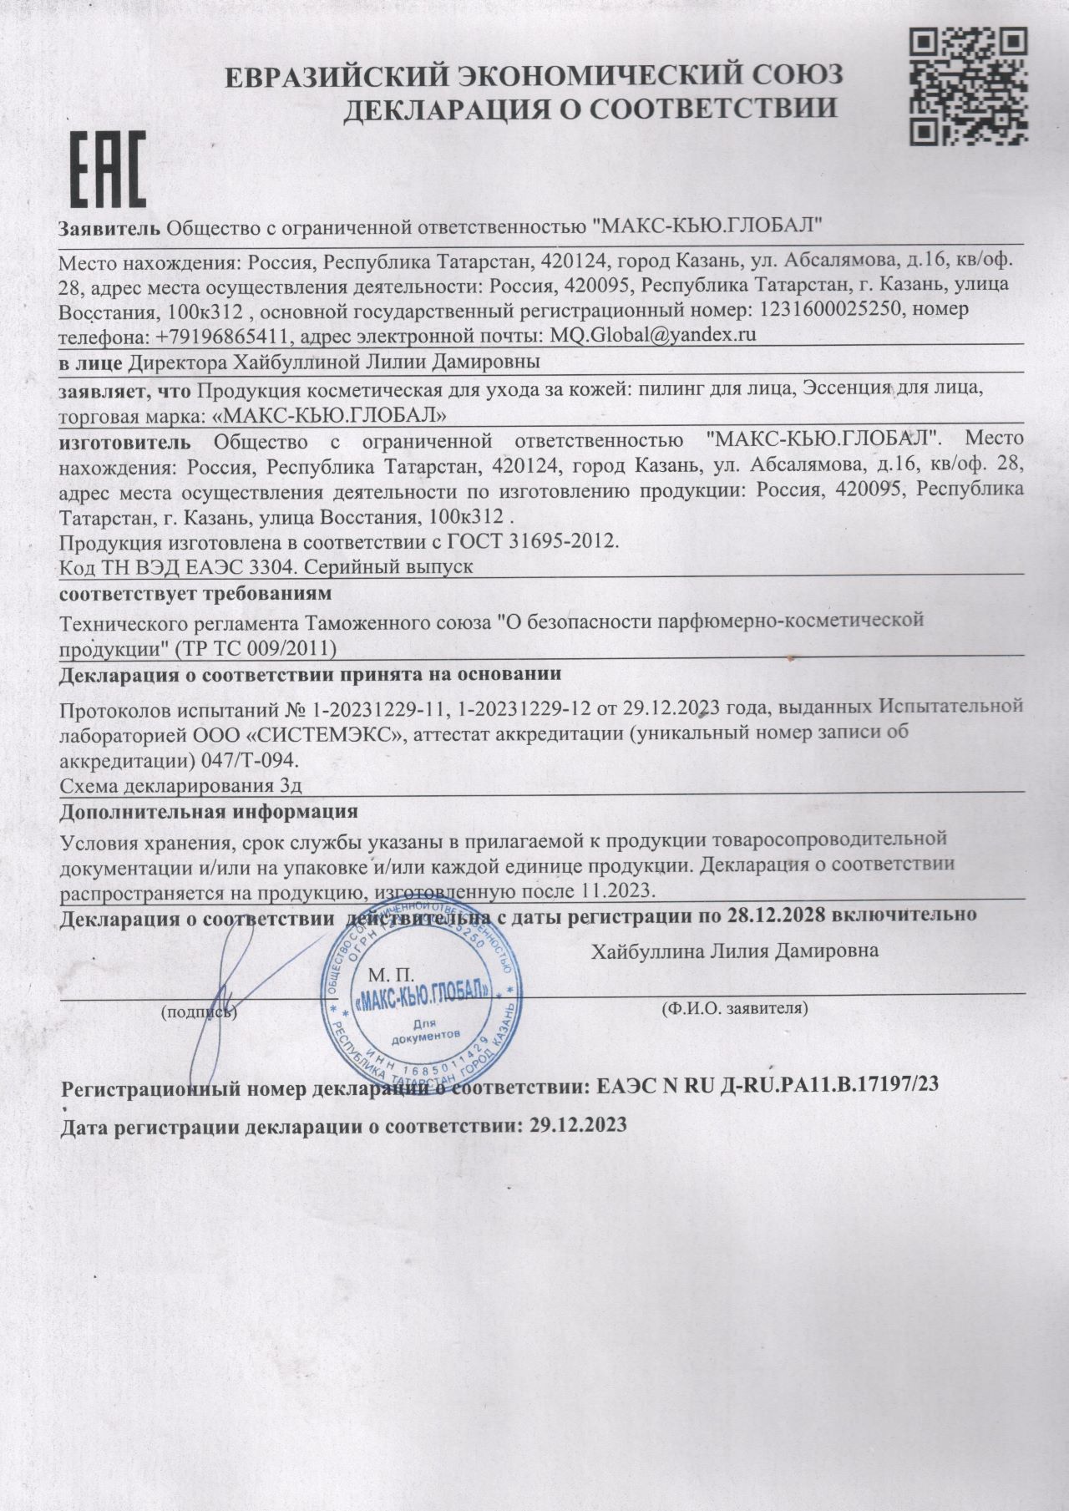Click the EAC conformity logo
coord(107,169)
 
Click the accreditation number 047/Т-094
coord(250,762)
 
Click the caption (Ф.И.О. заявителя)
coord(734,1008)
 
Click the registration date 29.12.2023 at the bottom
coord(578,1125)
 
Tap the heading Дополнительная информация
coord(210,811)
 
